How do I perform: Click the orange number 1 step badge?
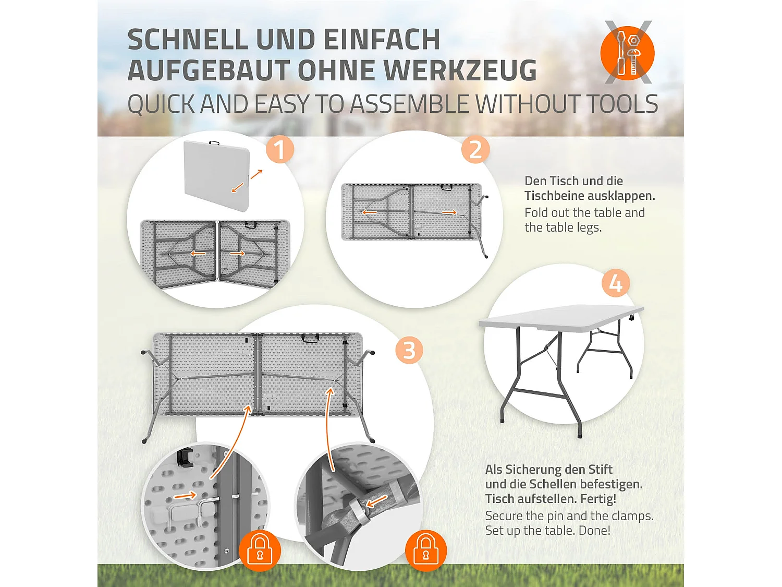[279, 150]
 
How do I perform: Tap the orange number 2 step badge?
[475, 150]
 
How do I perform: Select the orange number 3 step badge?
[409, 350]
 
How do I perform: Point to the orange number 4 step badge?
[616, 284]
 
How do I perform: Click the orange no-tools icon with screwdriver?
[627, 53]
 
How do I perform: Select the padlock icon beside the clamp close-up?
[426, 552]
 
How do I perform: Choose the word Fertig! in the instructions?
[596, 499]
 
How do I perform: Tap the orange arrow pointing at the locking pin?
[185, 495]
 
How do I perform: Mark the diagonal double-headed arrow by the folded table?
[247, 181]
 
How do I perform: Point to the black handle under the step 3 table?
[310, 339]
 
